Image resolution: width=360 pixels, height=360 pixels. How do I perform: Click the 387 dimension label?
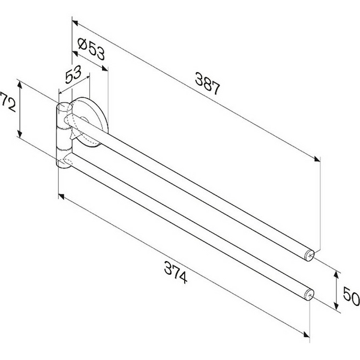coord(208,83)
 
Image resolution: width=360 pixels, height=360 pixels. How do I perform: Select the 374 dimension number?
coord(176,273)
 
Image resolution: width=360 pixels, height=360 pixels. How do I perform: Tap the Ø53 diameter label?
coord(91,49)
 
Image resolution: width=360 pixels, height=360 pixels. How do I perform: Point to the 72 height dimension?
coord(8,102)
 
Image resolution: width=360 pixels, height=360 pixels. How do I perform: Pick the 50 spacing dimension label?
coord(351,296)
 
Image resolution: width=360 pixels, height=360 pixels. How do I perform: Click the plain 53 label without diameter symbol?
coord(73,74)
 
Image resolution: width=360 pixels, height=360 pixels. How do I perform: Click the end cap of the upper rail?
coord(309,256)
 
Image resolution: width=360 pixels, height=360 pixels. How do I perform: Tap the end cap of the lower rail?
coord(309,295)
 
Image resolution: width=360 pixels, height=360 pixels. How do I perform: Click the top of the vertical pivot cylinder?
coord(65,107)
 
